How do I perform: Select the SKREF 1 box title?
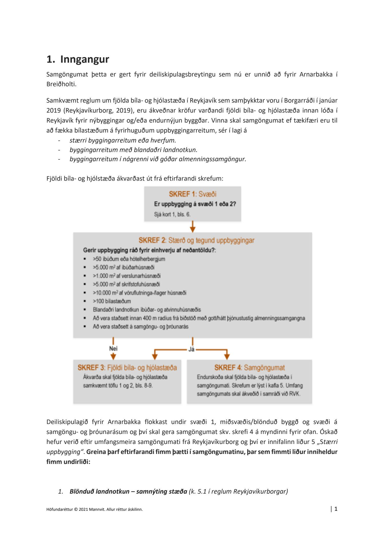(x=193, y=194)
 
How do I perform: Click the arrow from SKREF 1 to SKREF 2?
(x=193, y=227)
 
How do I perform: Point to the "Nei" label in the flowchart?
(x=113, y=349)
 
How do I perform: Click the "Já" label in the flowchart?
(x=191, y=349)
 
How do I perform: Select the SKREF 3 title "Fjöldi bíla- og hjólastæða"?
(x=127, y=368)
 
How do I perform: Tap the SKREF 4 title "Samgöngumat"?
(x=249, y=368)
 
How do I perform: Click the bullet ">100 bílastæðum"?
(x=112, y=301)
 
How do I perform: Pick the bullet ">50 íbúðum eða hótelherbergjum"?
(x=129, y=259)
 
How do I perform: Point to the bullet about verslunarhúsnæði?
(x=127, y=276)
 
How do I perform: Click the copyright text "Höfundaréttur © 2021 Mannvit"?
(x=94, y=509)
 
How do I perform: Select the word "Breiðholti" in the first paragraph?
(x=61, y=84)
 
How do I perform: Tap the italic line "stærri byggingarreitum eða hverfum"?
(x=123, y=140)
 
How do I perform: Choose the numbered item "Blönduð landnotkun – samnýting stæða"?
(x=128, y=491)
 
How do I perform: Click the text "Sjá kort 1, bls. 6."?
(x=172, y=214)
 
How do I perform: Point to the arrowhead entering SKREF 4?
(x=227, y=356)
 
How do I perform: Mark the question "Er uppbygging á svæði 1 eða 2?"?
(x=195, y=204)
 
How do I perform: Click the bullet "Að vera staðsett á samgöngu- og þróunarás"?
(x=141, y=327)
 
